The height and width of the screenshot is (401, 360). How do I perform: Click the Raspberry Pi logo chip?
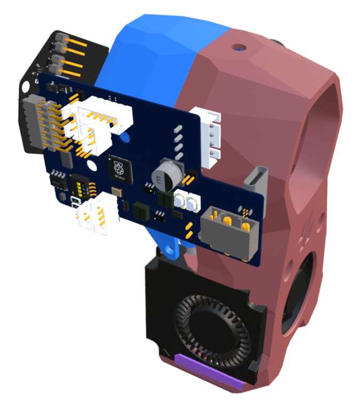pyautogui.click(x=119, y=167)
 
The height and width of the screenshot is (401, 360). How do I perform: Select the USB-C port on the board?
pyautogui.click(x=254, y=180)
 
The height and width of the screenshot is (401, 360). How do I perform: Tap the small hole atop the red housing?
pyautogui.click(x=237, y=48)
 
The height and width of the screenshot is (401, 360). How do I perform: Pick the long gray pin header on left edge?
pyautogui.click(x=33, y=123)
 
